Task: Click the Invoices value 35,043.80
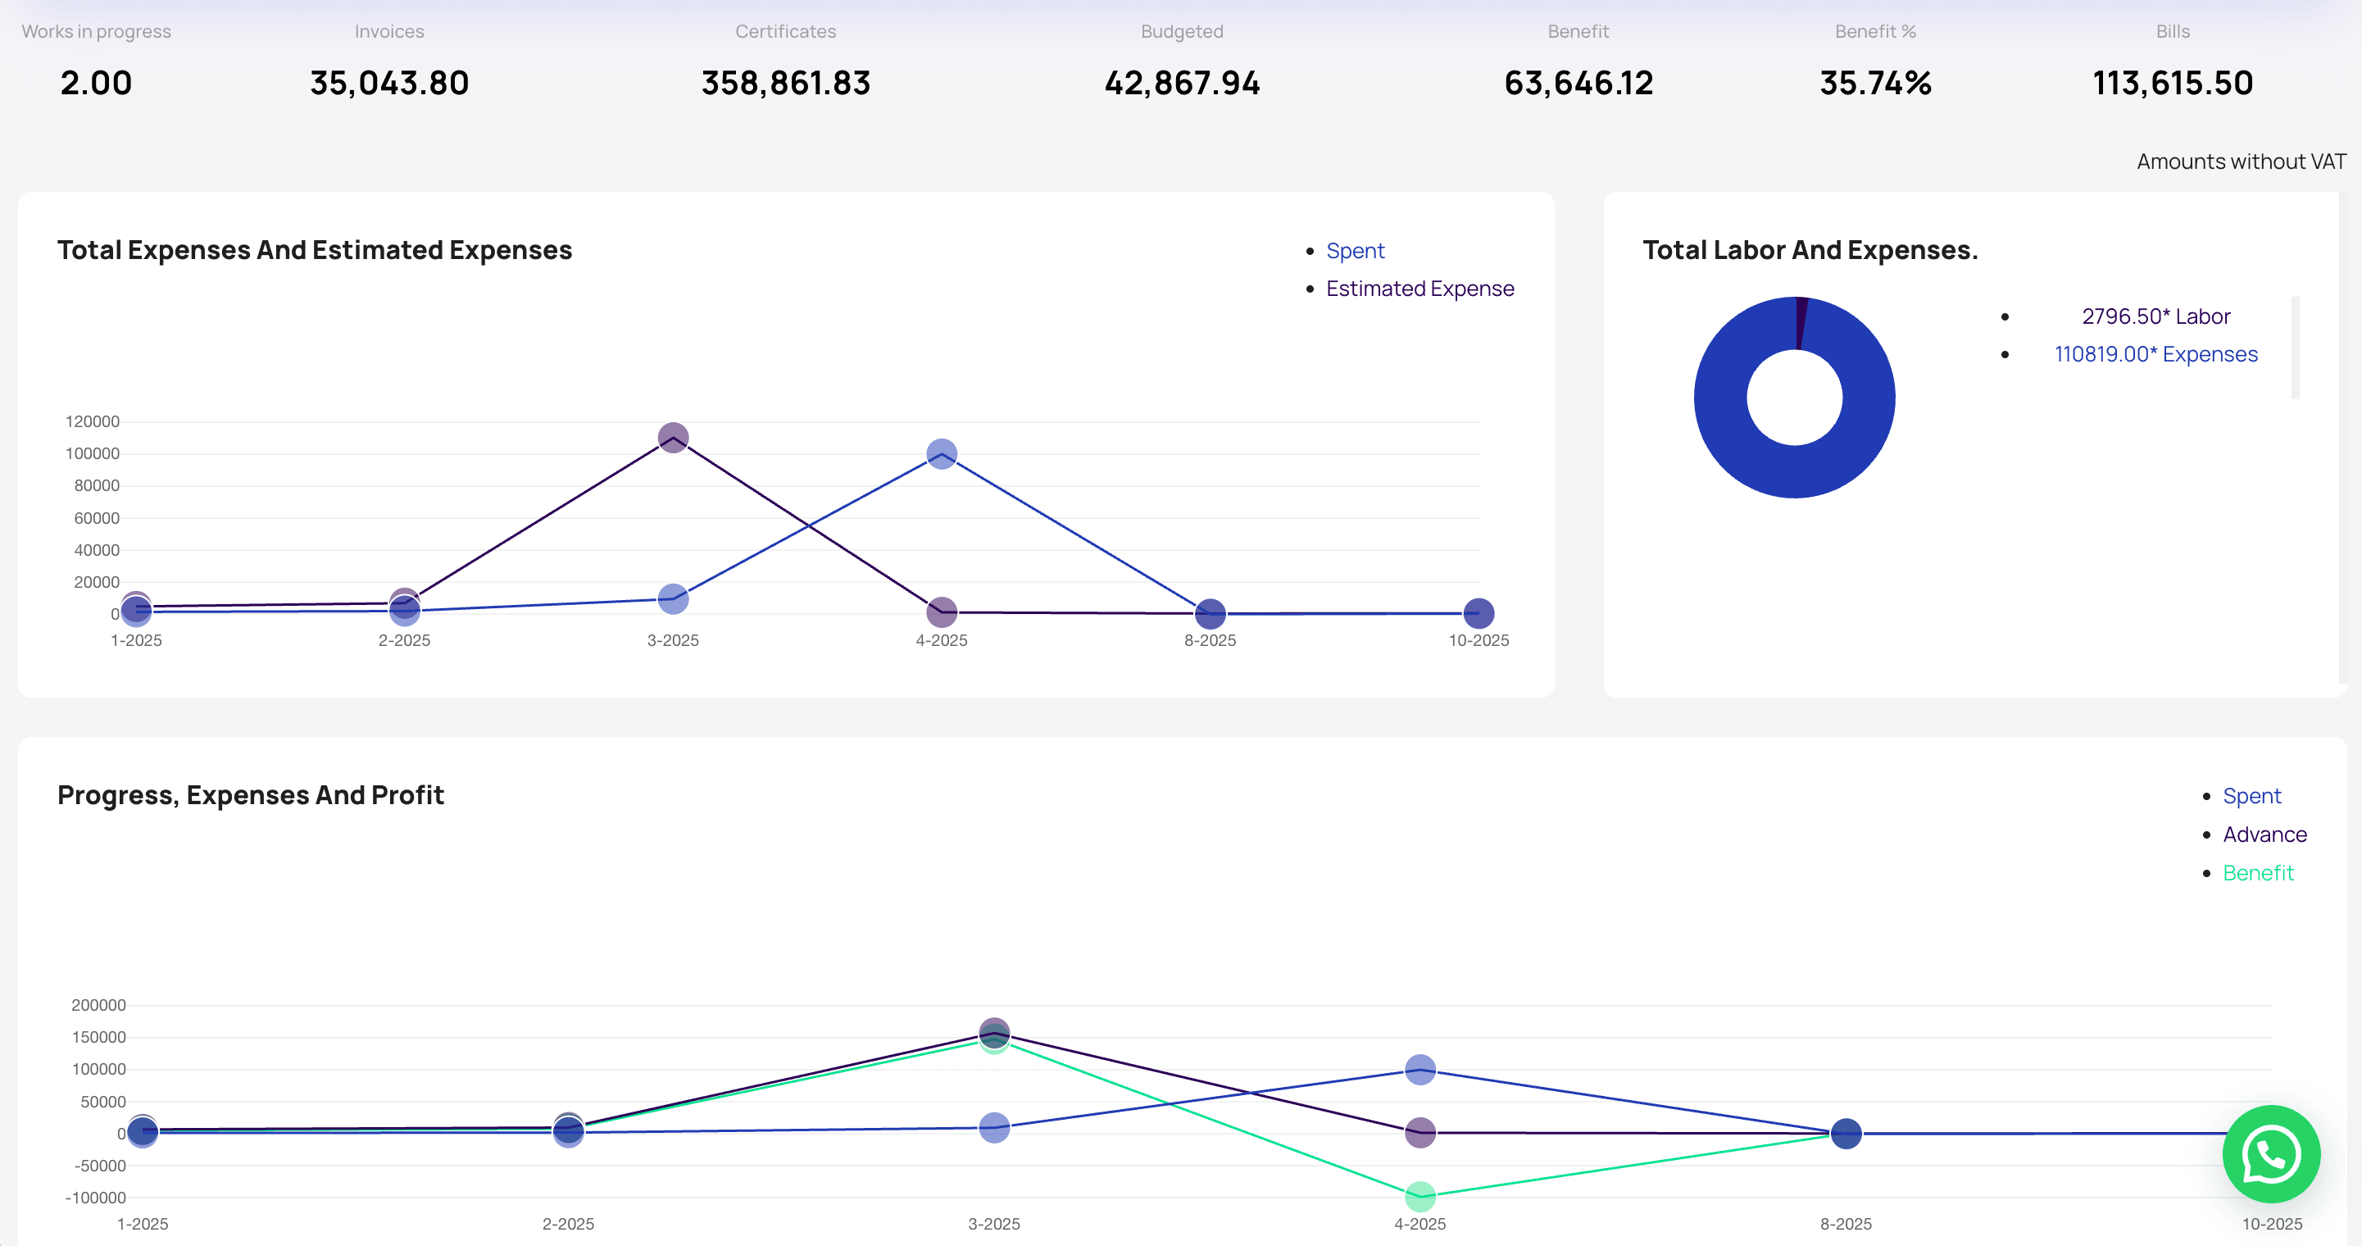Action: (388, 84)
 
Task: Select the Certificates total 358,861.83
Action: (785, 84)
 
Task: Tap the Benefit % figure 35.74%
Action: (1875, 84)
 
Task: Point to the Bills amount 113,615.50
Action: (2172, 84)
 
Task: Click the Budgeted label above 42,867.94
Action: (1181, 31)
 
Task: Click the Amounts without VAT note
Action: (2240, 161)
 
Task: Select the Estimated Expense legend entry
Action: (1419, 289)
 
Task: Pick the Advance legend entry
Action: (2264, 834)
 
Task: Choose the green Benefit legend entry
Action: (2257, 873)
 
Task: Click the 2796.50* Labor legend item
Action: (2155, 316)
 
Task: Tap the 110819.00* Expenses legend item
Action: (2155, 354)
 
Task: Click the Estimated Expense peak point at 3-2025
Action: (673, 438)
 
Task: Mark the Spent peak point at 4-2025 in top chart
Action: (942, 454)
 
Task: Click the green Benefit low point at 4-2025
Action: (1419, 1195)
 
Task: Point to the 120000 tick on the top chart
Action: (92, 421)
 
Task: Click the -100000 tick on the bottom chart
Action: (95, 1198)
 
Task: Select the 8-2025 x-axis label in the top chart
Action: (1210, 640)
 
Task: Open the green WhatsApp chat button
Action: (2270, 1153)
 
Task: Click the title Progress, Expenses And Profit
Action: (250, 795)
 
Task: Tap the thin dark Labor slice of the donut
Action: (1801, 323)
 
